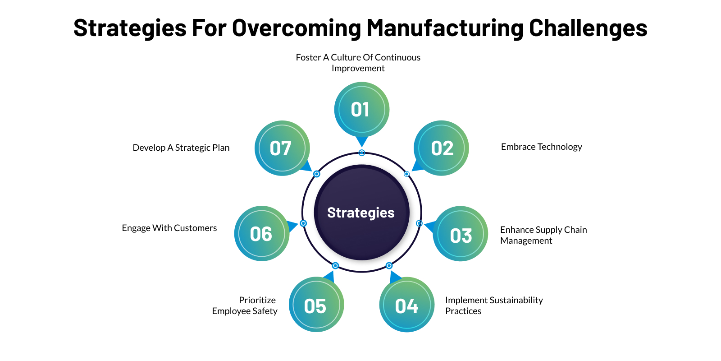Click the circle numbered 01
click(x=361, y=110)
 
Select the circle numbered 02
click(x=441, y=148)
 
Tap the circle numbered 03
click(x=460, y=234)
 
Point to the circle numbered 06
click(x=262, y=233)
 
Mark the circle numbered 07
click(x=282, y=148)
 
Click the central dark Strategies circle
click(x=361, y=213)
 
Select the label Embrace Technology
click(x=541, y=147)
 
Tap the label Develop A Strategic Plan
click(x=181, y=148)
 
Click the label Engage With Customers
click(x=169, y=228)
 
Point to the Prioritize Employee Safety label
click(x=245, y=305)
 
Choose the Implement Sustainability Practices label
click(x=494, y=305)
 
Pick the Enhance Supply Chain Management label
click(x=543, y=235)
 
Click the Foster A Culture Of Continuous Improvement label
click(x=358, y=63)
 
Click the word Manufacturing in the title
click(x=445, y=28)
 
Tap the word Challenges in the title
click(x=588, y=28)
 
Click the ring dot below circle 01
click(x=361, y=153)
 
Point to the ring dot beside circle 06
click(x=303, y=223)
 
